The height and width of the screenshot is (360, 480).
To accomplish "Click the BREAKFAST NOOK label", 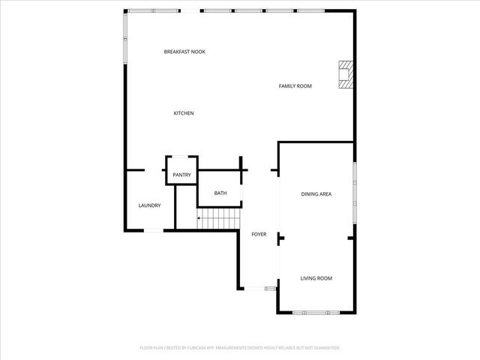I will point(184,52).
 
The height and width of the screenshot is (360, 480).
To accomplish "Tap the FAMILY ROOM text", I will point(295,86).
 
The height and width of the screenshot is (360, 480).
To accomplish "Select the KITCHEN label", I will point(184,113).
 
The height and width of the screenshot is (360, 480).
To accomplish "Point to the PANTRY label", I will point(181,175).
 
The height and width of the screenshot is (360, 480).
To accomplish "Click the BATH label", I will point(220,193).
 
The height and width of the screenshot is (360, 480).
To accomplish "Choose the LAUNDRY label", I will point(149,205).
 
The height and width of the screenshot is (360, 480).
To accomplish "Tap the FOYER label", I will point(259,235).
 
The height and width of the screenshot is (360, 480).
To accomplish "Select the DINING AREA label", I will point(316,194).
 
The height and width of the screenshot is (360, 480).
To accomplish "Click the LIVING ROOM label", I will point(316,278).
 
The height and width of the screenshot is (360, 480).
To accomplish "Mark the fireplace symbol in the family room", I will point(345,74).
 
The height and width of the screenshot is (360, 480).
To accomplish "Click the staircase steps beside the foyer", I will point(219,220).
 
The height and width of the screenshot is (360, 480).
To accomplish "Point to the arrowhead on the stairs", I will point(199,217).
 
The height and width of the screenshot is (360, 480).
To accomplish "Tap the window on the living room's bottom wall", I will point(315,311).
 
